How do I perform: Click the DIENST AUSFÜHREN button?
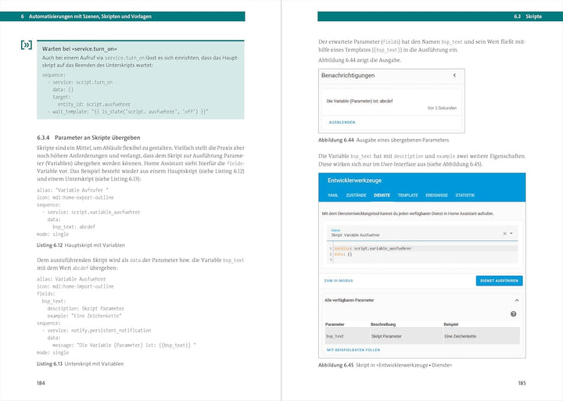(x=499, y=281)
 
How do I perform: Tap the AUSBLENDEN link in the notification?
(x=342, y=122)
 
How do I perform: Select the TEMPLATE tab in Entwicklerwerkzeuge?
(x=407, y=195)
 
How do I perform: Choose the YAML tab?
(x=332, y=195)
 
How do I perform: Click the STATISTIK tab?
(x=464, y=195)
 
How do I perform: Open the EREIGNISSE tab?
(x=436, y=195)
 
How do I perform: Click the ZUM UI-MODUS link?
(x=338, y=281)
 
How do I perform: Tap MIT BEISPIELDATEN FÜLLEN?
(x=353, y=349)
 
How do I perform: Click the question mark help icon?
(x=513, y=313)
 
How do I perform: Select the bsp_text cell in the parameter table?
(x=335, y=336)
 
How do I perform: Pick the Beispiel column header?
(x=451, y=323)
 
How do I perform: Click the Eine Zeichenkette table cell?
(x=461, y=336)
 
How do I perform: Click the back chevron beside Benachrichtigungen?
(x=454, y=75)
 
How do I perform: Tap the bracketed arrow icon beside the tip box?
(x=26, y=45)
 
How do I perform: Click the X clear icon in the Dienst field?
(x=504, y=233)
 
